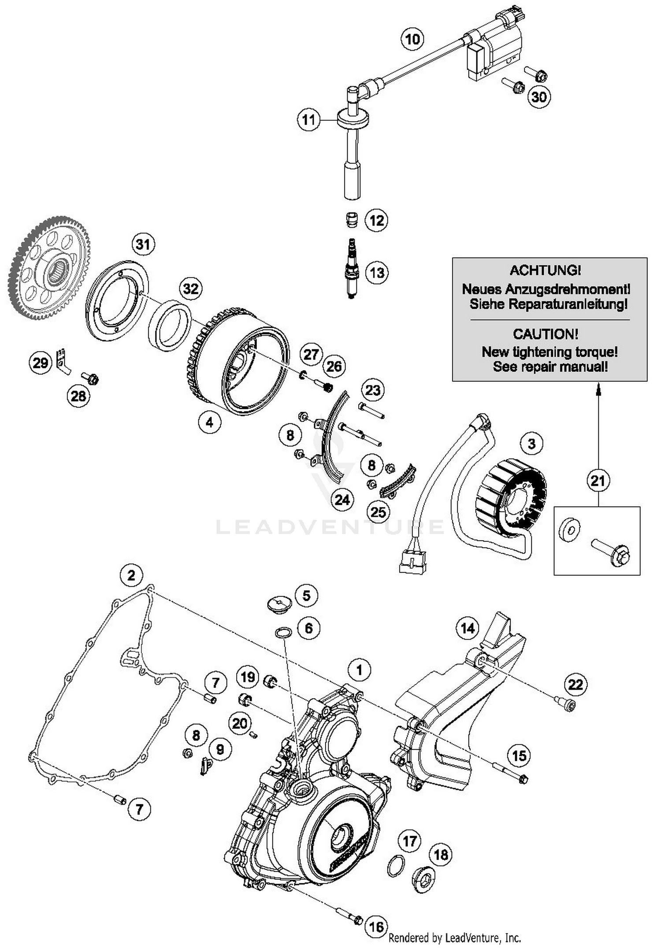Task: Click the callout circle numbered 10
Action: coord(412,39)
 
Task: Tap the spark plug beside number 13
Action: coord(351,268)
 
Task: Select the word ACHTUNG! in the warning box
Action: coord(545,270)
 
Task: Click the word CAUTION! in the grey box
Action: coord(545,334)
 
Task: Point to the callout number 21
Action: coord(598,480)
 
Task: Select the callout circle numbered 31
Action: coord(143,244)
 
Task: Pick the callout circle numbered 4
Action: coord(209,422)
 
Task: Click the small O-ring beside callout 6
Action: coord(283,633)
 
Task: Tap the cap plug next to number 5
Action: coord(279,603)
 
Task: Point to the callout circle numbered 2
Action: coord(131,575)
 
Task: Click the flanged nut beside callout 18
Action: coord(423,880)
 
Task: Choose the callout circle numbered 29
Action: coord(40,363)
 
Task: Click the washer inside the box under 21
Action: coord(569,530)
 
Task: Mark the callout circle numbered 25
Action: coord(378,512)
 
